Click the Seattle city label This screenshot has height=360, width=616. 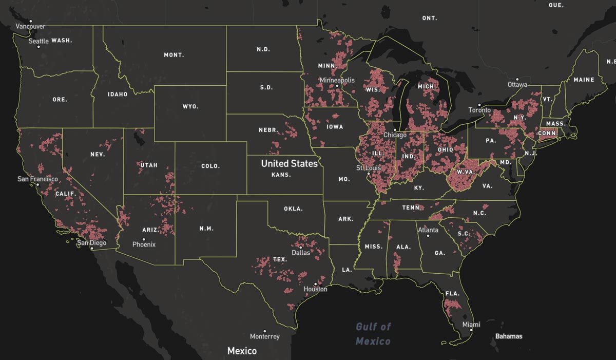[x=38, y=41]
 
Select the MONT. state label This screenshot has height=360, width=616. [x=174, y=55]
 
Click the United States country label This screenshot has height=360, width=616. [x=289, y=164]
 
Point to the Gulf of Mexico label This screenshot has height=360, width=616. [x=373, y=334]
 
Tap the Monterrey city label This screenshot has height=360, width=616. [x=264, y=337]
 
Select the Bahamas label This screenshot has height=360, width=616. [x=508, y=336]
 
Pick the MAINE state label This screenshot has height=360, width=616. [x=584, y=80]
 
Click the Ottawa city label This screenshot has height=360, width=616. [x=517, y=85]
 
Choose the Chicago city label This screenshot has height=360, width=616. [x=395, y=135]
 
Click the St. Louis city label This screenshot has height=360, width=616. [x=369, y=168]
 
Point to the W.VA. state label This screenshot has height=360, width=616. [x=466, y=172]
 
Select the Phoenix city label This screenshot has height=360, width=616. [x=144, y=245]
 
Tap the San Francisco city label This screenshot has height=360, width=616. [x=37, y=179]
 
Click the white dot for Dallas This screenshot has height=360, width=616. [x=301, y=247]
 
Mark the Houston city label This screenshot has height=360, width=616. [x=315, y=289]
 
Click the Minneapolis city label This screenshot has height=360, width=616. [x=337, y=81]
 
